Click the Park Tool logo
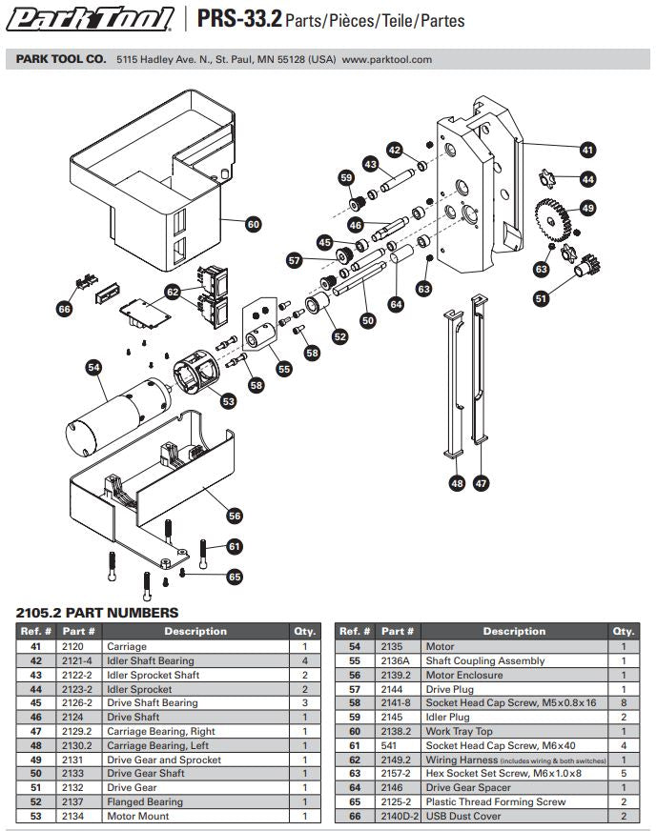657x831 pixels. click(92, 18)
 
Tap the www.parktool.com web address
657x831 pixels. click(386, 59)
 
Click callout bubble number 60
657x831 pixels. click(253, 225)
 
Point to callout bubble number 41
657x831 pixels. click(587, 149)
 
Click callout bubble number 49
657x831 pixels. click(587, 209)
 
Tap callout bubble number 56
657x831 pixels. click(235, 515)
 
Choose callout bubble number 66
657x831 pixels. click(65, 309)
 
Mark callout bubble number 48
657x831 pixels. click(457, 483)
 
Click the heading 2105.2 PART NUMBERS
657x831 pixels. click(97, 612)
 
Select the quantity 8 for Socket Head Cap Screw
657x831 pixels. click(624, 702)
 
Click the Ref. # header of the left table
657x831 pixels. click(34, 631)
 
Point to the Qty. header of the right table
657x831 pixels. click(624, 631)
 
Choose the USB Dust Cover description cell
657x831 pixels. click(462, 817)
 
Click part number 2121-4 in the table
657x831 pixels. click(78, 660)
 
